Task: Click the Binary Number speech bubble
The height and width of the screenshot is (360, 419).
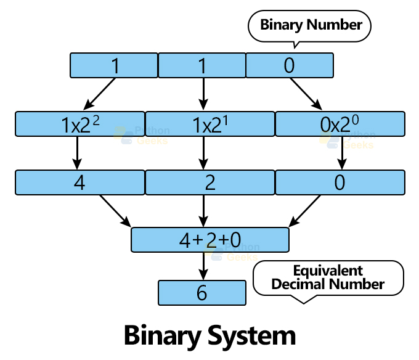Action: pos(311,26)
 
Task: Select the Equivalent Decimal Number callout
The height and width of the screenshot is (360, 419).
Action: pos(328,278)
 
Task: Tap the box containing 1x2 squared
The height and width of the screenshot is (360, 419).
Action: pos(79,124)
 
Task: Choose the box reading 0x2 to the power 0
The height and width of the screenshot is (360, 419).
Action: pos(340,124)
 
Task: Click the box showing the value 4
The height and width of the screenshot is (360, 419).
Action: pos(79,182)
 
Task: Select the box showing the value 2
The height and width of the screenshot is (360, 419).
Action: pos(203,182)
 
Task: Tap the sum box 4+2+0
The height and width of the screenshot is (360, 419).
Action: pos(209,240)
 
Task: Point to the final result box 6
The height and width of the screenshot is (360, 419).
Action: pos(202,293)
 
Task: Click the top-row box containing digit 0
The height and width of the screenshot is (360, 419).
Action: pos(290,65)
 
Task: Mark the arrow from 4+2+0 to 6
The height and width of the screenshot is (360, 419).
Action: pos(203,266)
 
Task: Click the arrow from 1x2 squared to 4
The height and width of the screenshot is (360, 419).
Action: pos(77,153)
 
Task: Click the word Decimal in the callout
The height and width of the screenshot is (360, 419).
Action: pos(299,285)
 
